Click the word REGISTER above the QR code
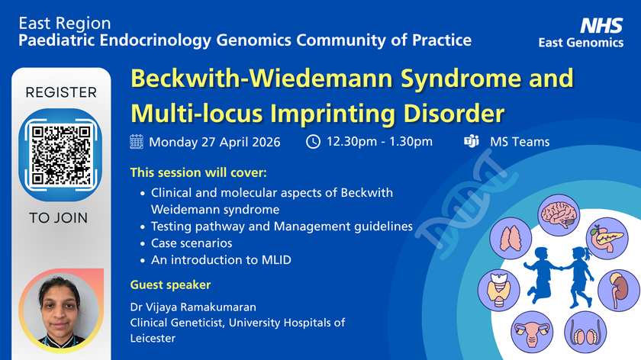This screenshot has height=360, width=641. click(61, 93)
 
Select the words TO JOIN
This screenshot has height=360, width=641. click(59, 218)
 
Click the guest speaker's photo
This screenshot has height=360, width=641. click(60, 310)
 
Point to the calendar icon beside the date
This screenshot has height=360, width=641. click(137, 141)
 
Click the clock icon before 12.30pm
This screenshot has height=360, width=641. click(313, 141)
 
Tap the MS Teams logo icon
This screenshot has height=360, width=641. click(471, 141)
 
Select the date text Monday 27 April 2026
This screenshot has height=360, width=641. click(214, 142)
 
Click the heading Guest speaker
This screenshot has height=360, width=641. click(171, 284)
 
